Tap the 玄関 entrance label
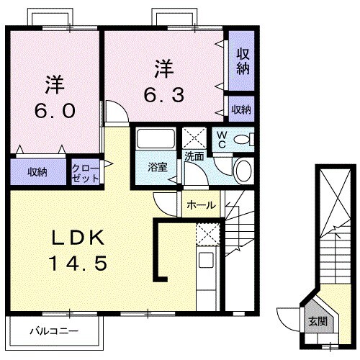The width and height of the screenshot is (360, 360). tap(318, 321)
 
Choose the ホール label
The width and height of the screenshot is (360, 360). tap(200, 205)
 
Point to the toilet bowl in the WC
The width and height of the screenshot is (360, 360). tap(243, 139)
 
